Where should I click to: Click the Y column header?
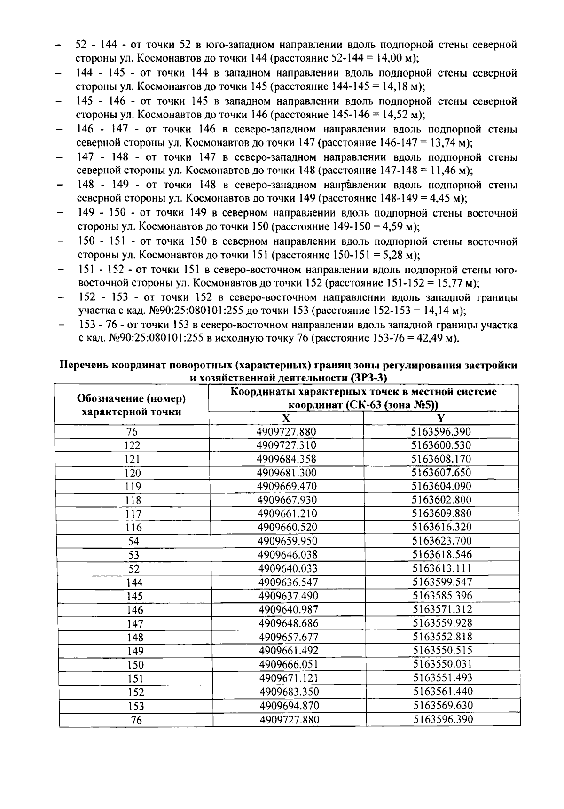(x=441, y=419)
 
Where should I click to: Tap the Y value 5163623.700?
(x=441, y=541)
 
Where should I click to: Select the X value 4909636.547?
(x=288, y=582)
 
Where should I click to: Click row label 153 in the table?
(x=135, y=706)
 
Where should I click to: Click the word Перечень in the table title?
(x=84, y=366)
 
